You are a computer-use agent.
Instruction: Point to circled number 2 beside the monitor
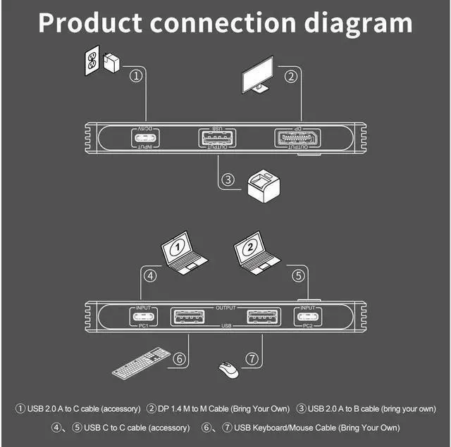click(x=290, y=77)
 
